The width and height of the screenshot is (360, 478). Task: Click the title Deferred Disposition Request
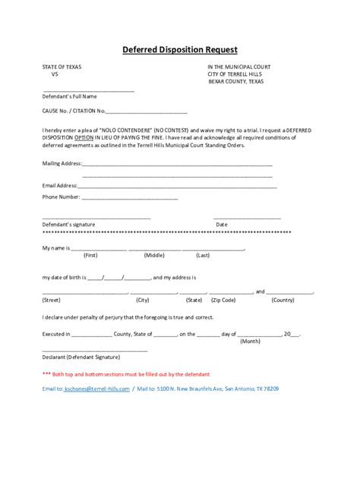coord(180,50)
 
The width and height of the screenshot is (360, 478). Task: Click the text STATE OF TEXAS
coord(62,68)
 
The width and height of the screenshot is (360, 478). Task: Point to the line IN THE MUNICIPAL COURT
coord(239,68)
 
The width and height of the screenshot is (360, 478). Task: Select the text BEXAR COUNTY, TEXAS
coord(237,81)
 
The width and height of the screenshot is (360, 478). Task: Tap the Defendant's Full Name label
coord(70,96)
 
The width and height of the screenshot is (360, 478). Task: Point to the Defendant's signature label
coord(68,225)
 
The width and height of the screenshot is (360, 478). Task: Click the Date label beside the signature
coord(222,225)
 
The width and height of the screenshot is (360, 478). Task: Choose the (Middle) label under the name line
coord(154,256)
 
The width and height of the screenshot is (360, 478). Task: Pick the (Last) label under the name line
coord(203,256)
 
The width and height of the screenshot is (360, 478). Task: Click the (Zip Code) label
coord(223,300)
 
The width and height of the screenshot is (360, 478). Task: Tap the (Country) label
coord(283,300)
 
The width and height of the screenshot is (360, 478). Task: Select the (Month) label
coord(251,341)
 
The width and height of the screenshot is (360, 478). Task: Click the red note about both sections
coord(126,374)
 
